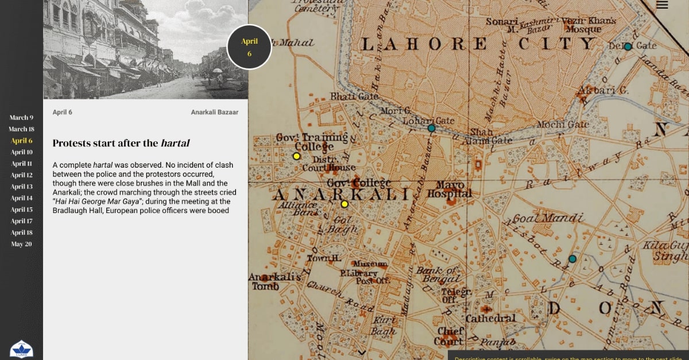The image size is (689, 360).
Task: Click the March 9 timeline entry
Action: (x=21, y=118)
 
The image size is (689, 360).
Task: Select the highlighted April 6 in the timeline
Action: (x=22, y=141)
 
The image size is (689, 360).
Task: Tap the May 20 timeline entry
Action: (x=21, y=244)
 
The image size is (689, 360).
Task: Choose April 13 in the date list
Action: (x=22, y=187)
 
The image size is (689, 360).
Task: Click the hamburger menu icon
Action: (x=662, y=5)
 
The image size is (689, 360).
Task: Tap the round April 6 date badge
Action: (x=249, y=47)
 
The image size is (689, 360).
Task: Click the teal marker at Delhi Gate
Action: (x=628, y=47)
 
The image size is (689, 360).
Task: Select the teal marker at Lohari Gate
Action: (x=431, y=129)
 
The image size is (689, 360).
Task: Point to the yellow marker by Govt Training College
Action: (x=297, y=156)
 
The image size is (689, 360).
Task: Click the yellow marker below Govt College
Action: (x=344, y=204)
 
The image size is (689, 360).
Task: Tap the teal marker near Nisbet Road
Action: (x=572, y=259)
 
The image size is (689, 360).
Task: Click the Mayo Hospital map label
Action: (x=450, y=189)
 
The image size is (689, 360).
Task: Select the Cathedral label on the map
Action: (x=490, y=318)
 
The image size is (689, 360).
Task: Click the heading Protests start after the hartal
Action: (x=121, y=143)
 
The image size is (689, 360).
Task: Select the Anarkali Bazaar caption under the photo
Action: (x=214, y=112)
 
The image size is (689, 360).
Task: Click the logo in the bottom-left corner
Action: (x=21, y=349)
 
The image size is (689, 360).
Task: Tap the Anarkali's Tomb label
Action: (x=272, y=281)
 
